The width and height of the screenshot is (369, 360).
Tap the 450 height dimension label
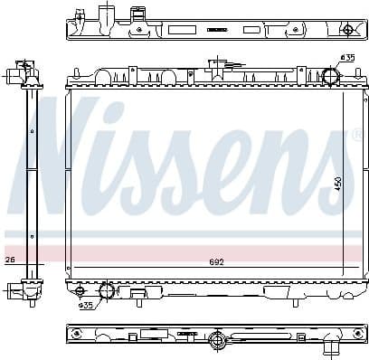pyautogui.click(x=338, y=183)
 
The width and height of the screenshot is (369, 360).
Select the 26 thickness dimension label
pyautogui.click(x=10, y=261)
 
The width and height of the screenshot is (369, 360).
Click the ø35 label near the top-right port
pyautogui.click(x=346, y=58)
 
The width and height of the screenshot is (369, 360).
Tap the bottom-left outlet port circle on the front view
pyautogui.click(x=107, y=291)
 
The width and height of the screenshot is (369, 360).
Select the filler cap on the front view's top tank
pyautogui.click(x=216, y=66)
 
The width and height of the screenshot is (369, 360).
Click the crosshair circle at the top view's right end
pyautogui.click(x=346, y=29)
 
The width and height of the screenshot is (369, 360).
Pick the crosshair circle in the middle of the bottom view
pyautogui.click(x=217, y=340)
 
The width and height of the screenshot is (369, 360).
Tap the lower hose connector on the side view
pyautogui.click(x=19, y=290)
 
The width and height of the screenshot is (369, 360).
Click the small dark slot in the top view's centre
pyautogui.click(x=216, y=29)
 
